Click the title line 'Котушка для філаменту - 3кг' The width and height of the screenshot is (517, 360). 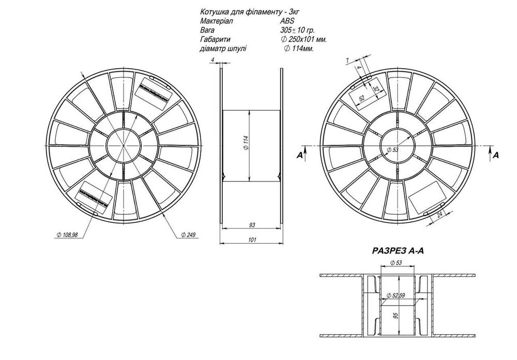click(243, 11)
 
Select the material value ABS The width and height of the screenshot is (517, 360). click(287, 21)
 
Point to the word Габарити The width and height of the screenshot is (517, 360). click(214, 39)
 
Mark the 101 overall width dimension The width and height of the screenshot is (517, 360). click(251, 239)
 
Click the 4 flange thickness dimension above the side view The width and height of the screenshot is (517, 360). click(212, 61)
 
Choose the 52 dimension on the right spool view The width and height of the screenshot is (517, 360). click(362, 98)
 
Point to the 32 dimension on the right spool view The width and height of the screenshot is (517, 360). click(376, 90)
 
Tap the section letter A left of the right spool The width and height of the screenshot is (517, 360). click(299, 155)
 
